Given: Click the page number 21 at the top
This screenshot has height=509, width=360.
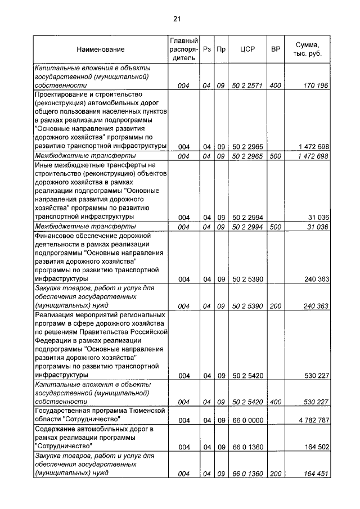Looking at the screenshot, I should [x=176, y=19].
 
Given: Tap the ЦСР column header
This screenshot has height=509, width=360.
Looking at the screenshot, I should [x=247, y=49].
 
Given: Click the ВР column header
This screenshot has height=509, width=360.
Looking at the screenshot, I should [x=276, y=49].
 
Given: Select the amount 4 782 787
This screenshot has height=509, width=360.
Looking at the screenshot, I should [x=310, y=420].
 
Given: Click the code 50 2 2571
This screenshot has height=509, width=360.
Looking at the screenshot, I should [x=247, y=86].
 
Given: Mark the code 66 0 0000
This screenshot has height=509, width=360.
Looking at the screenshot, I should [x=247, y=420].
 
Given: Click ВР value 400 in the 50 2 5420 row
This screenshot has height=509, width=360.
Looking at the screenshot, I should [x=276, y=402].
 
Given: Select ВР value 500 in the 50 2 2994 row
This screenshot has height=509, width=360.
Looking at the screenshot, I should [x=276, y=227].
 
